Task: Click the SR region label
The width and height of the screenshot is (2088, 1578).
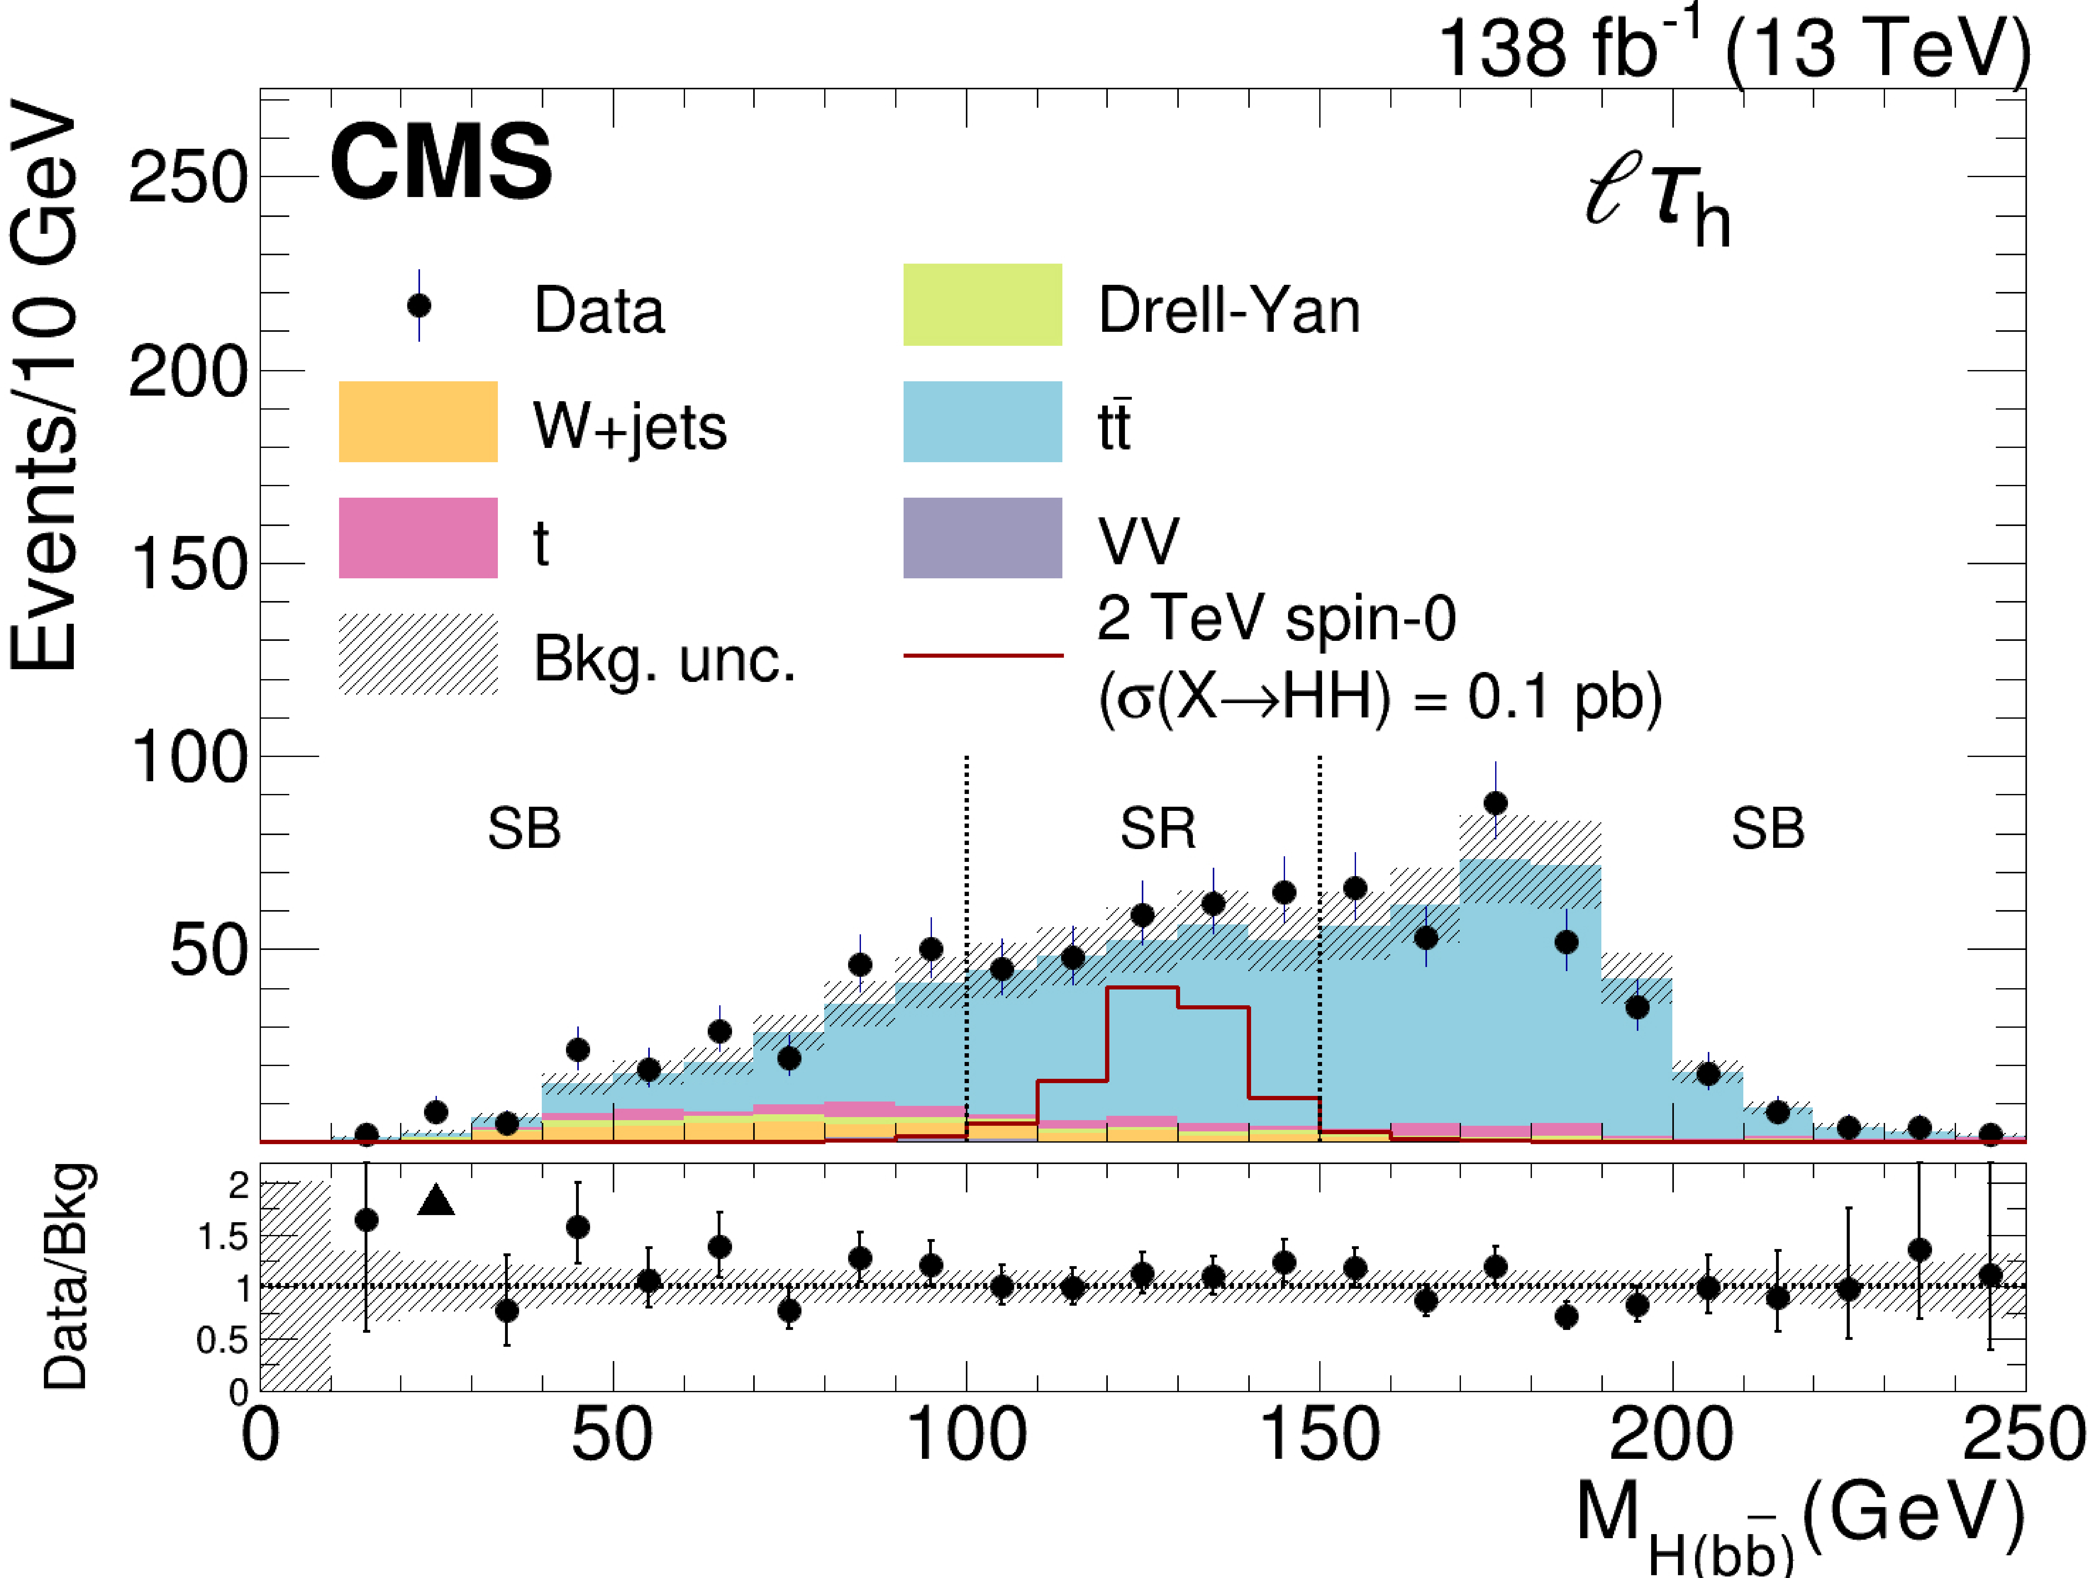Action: [x=1157, y=829]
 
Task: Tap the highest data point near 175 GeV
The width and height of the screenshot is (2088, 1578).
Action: [x=1495, y=803]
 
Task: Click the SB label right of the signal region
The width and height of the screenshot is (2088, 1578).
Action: [x=1767, y=829]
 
